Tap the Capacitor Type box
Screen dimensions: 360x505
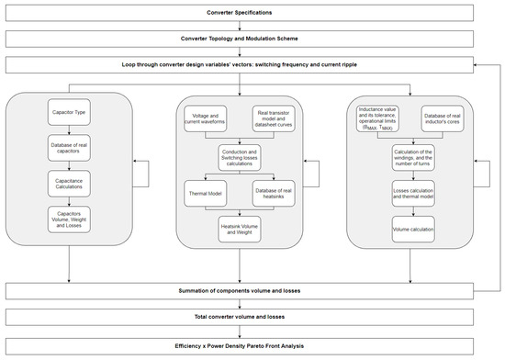tap(69, 113)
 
